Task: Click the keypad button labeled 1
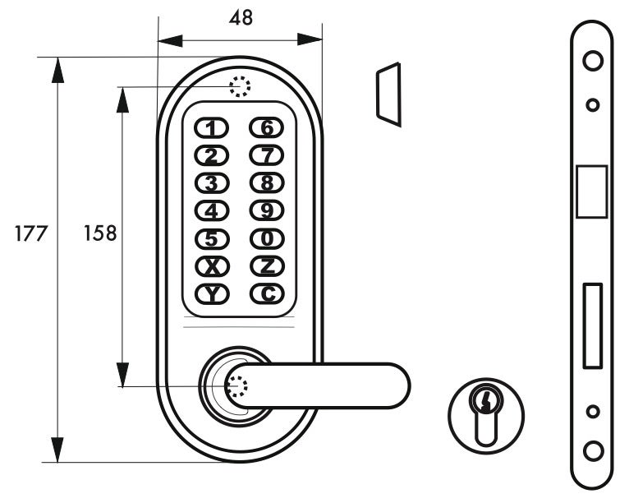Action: click(x=212, y=127)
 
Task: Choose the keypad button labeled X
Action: click(x=212, y=266)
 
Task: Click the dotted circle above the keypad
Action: click(x=239, y=86)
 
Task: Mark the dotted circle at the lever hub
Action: click(x=236, y=386)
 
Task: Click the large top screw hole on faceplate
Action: click(x=592, y=60)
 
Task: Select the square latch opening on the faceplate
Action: click(x=592, y=192)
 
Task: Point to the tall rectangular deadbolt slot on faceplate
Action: click(x=592, y=325)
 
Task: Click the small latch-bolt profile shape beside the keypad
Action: click(x=388, y=95)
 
